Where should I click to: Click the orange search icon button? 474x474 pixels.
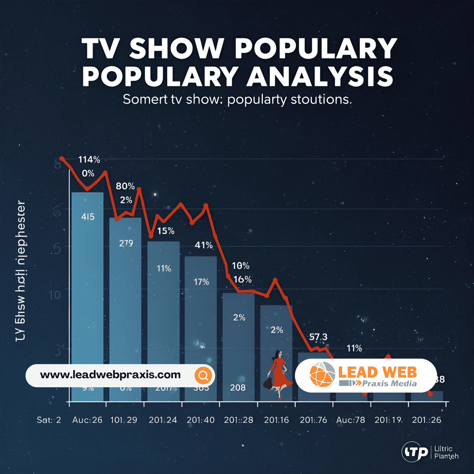point(203,375)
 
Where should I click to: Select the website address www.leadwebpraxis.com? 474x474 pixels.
point(110,375)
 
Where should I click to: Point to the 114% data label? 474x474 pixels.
point(89,160)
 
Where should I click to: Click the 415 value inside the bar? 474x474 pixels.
point(88,217)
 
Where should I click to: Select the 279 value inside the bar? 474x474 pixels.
point(126,243)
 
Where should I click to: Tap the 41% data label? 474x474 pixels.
point(203,245)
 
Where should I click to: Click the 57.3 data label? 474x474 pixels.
point(318,337)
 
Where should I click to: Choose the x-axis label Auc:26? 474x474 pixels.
point(87,420)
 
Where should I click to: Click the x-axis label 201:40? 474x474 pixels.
point(200,420)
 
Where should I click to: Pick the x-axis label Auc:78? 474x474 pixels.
point(350,420)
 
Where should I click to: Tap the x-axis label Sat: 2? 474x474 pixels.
point(49,420)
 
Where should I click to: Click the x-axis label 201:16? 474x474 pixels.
point(276,420)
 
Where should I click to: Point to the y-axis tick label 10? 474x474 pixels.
point(55,295)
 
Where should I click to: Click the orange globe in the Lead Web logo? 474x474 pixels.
point(322,375)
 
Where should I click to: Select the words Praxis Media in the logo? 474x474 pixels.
point(389,384)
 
